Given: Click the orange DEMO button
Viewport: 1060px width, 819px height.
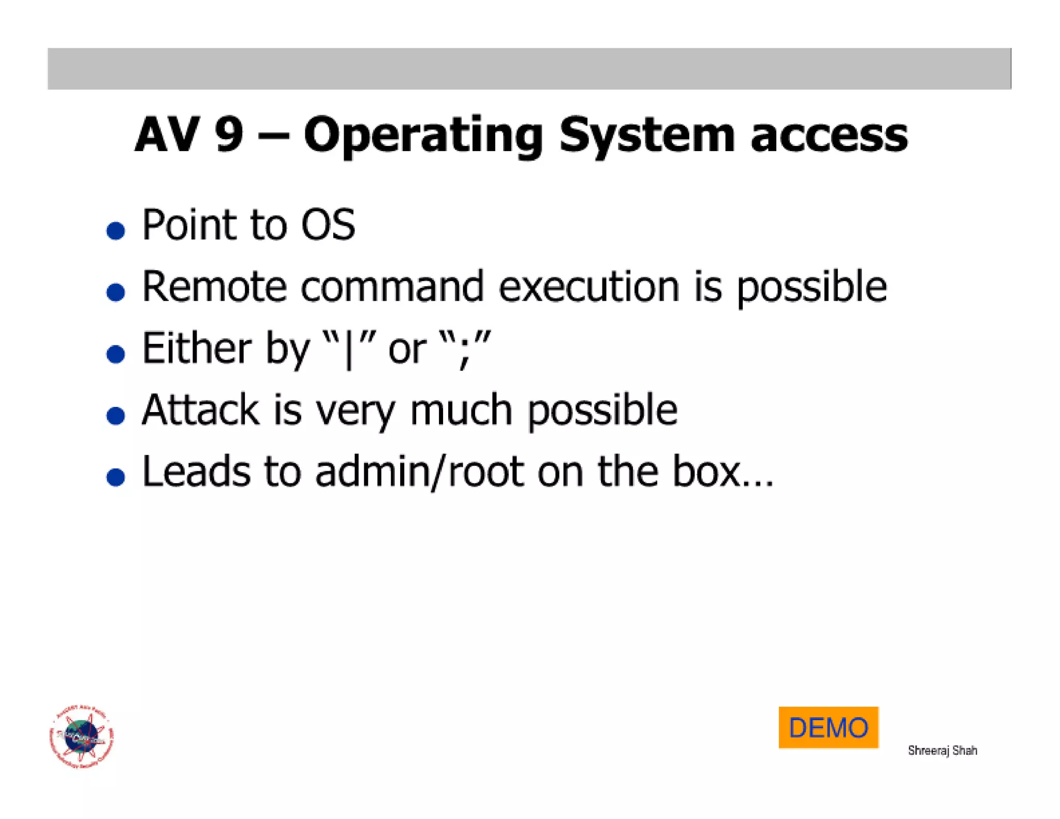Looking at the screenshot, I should point(828,727).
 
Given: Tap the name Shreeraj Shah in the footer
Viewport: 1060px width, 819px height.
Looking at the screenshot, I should point(942,751).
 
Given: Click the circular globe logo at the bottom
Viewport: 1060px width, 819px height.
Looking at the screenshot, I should point(81,736).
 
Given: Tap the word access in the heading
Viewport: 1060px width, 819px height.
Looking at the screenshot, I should point(829,136).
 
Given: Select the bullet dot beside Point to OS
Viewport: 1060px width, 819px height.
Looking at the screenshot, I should point(115,230).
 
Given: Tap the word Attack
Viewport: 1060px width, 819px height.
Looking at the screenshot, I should point(200,409).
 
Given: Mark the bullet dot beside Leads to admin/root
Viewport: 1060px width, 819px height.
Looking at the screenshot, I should point(115,477).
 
